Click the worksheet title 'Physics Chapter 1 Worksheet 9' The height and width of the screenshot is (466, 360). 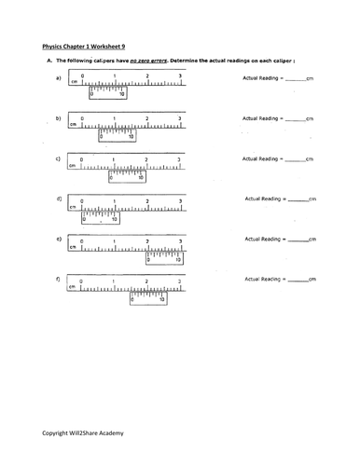90,43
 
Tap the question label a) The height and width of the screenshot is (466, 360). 59,78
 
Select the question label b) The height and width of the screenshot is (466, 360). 59,119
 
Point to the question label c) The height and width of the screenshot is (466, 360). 59,159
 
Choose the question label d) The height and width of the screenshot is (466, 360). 59,200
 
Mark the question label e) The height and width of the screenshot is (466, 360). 59,240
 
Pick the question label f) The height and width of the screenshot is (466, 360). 59,280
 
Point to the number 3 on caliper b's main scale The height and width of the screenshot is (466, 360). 179,119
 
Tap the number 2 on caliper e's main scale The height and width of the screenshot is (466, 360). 146,240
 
